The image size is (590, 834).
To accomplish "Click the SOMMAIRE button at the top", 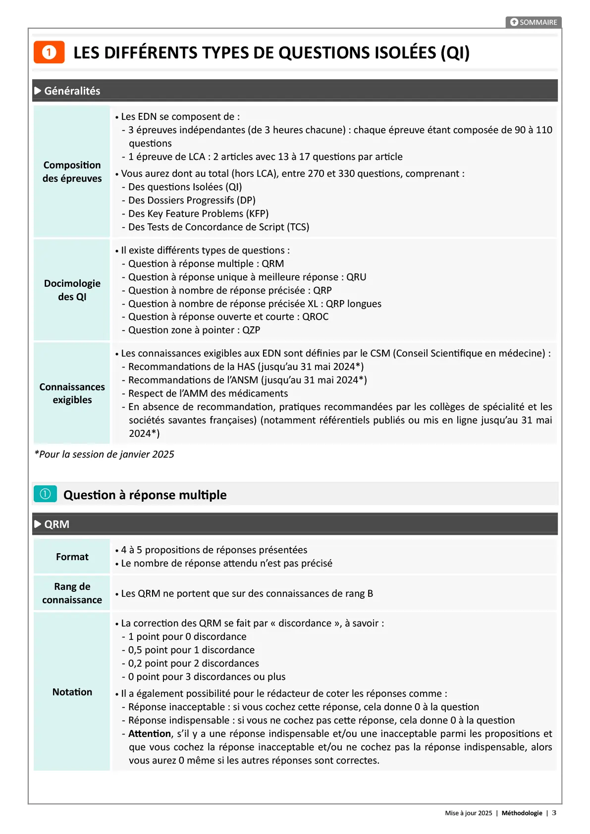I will (x=534, y=22).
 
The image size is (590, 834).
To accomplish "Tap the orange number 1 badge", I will (x=49, y=52).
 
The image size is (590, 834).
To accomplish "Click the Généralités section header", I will (x=72, y=91).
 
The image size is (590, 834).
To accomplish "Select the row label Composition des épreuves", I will (x=72, y=171).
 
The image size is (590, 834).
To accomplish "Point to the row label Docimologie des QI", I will (x=72, y=290).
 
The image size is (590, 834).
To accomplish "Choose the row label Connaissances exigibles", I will (x=72, y=393).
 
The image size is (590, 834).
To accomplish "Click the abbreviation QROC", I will (x=316, y=317).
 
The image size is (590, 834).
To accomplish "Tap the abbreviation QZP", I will (x=251, y=330).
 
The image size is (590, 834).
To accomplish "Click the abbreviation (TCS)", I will (x=298, y=227).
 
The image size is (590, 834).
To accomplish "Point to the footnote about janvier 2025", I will (x=105, y=455).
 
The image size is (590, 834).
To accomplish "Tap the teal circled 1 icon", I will (x=45, y=494).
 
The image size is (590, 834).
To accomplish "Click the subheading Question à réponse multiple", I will (x=145, y=495).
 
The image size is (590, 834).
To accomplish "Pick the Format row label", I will (x=72, y=557).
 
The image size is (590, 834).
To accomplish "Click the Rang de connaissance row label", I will (x=72, y=593).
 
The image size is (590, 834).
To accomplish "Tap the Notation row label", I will (x=72, y=692).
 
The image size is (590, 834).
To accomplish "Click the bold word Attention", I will (x=150, y=734).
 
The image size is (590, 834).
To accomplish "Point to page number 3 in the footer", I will (x=554, y=813).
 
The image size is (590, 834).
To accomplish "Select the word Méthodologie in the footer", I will (x=522, y=813).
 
